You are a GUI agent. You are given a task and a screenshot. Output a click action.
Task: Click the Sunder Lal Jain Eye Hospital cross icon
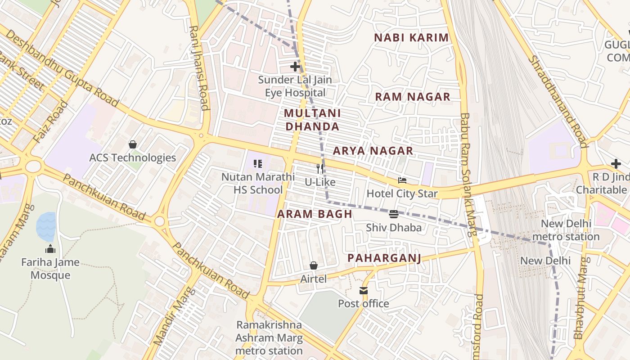[x=295, y=67]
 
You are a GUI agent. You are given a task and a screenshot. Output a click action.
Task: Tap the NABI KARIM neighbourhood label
[x=411, y=38]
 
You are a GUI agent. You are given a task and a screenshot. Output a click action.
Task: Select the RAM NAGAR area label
[x=413, y=97]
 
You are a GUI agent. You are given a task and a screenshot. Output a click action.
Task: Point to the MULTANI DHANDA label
[x=313, y=120]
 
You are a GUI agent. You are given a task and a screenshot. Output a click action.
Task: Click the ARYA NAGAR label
[x=373, y=151]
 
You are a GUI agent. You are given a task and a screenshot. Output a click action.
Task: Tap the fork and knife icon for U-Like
[x=320, y=169]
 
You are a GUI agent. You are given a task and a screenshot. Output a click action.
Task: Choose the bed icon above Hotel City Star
[x=402, y=180]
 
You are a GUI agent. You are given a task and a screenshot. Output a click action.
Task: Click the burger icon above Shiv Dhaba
[x=394, y=214]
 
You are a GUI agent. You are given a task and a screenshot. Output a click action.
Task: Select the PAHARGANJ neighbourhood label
[x=384, y=258]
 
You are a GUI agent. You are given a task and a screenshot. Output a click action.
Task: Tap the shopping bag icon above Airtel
[x=314, y=266]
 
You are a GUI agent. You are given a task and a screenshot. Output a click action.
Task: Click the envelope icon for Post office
[x=364, y=291]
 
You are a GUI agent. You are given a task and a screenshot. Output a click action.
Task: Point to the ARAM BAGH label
[x=315, y=214]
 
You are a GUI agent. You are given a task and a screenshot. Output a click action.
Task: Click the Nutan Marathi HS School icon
[x=258, y=164]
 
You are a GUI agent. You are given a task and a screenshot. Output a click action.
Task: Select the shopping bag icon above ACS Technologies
[x=133, y=144]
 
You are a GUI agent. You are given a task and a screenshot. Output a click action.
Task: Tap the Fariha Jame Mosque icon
[x=50, y=249]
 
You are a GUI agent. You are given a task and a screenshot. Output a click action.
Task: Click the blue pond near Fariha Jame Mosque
[x=46, y=226]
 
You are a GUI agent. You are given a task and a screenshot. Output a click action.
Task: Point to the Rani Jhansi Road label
[x=199, y=67]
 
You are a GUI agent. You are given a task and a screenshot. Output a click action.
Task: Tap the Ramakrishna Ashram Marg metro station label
[x=269, y=337]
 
